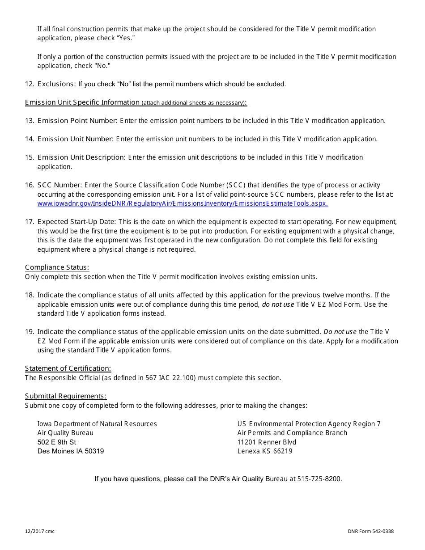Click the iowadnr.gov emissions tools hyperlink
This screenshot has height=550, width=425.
183,203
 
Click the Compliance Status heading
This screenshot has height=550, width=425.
57,267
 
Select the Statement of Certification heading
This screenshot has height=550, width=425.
68,368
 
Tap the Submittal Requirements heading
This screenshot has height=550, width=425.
66,396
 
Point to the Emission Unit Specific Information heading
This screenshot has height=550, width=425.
82,102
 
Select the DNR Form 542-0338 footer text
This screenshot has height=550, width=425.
370,532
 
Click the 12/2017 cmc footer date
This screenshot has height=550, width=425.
40,532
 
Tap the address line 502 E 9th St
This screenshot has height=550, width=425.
57,442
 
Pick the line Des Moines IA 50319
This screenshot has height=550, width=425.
71,451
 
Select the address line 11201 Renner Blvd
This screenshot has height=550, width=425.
267,442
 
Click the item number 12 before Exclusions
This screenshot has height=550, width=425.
30,84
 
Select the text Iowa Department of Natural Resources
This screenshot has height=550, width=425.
97,424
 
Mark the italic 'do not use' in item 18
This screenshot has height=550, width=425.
278,305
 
